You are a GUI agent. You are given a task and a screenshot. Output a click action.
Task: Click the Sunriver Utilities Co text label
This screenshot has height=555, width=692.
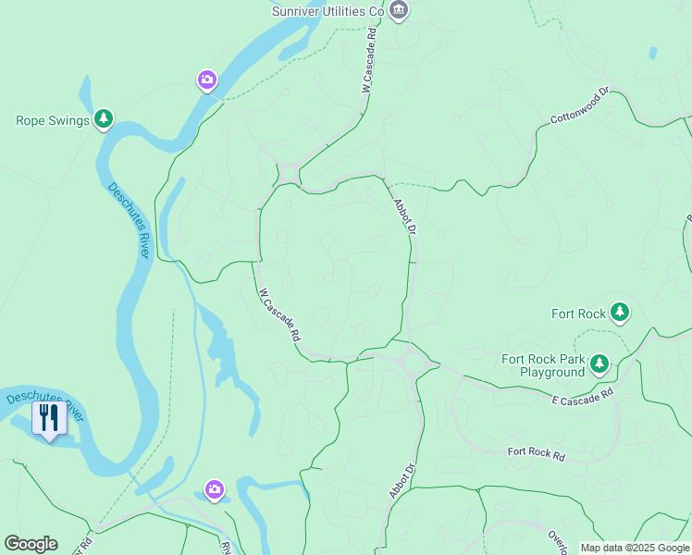327,11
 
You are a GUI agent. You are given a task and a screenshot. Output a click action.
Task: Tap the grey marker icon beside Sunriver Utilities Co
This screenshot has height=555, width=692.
399,10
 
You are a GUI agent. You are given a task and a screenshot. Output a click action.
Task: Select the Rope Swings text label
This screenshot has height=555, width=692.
53,120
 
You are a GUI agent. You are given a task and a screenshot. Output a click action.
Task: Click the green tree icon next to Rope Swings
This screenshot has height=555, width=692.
105,119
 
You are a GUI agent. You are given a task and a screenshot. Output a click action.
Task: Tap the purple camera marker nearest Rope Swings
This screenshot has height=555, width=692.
208,81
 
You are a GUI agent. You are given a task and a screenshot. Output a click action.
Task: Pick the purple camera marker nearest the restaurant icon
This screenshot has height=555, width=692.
215,489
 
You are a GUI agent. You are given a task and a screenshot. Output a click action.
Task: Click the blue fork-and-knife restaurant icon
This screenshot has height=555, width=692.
49,417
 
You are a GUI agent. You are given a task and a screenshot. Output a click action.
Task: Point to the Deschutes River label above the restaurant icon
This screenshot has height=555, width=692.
44,407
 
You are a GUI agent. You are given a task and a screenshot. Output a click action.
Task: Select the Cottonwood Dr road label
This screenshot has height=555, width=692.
579,106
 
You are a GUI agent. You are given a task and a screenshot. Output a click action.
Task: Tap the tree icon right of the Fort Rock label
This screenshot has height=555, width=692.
619,314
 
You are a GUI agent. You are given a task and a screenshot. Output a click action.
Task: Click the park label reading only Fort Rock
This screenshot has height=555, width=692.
577,314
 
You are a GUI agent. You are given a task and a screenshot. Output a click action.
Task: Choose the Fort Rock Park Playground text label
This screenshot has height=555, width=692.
543,365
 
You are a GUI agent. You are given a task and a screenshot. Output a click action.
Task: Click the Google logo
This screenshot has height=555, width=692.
31,544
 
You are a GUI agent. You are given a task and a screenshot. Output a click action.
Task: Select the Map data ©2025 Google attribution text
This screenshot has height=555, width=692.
635,548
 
